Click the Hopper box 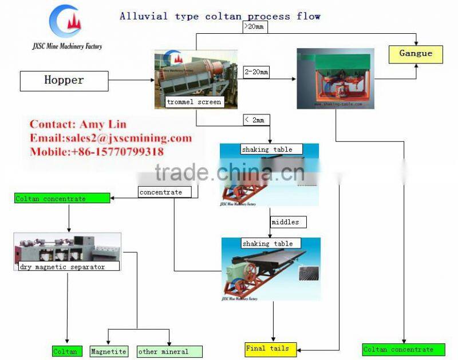(64, 81)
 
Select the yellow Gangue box (416, 54)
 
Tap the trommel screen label (194, 102)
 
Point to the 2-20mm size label (256, 72)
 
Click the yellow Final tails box (267, 349)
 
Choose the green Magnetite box (109, 351)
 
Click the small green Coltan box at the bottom (65, 351)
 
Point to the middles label (285, 221)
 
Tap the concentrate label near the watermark (161, 192)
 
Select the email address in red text (110, 138)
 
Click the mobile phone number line (96, 152)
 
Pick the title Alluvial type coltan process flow (220, 16)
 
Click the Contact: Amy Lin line (78, 124)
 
